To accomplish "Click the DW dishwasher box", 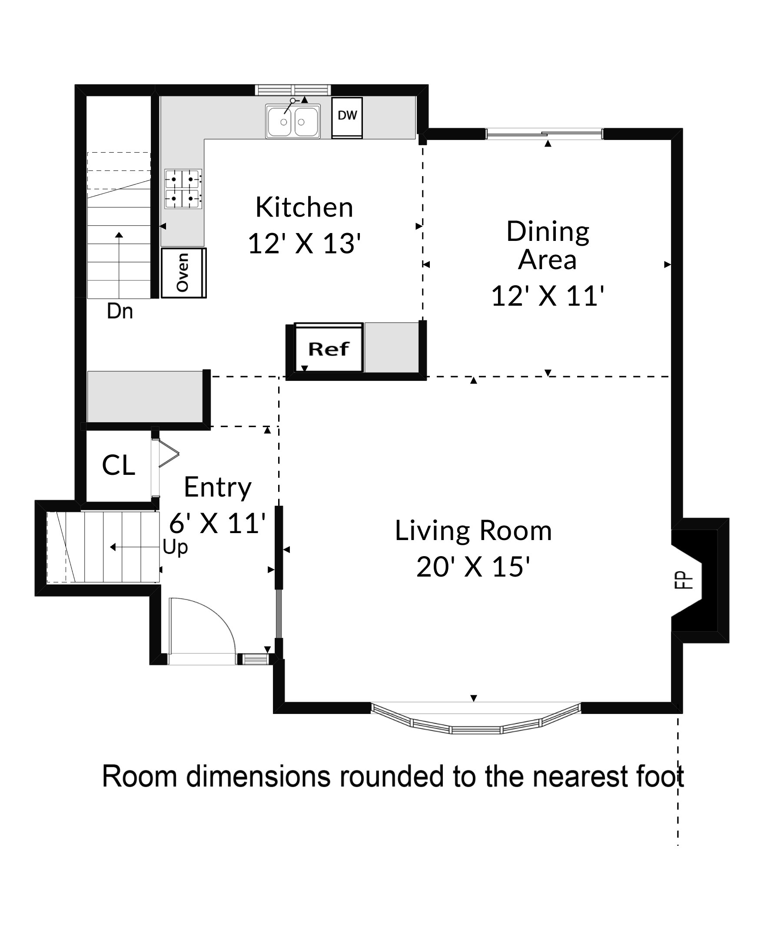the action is tap(347, 117).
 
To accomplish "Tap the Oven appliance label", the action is tap(182, 273).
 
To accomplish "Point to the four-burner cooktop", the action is tap(183, 189).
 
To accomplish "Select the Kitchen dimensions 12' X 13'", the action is tap(305, 244).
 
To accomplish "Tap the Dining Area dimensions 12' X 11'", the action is tap(548, 296).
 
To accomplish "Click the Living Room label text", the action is tap(473, 530).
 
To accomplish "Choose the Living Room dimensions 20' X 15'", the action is tap(473, 567).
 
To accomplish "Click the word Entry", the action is tap(217, 487).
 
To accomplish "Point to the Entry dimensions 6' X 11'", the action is tap(217, 524).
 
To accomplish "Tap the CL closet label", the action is tap(118, 465).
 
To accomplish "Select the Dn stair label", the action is tap(120, 311).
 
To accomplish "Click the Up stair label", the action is tap(175, 547).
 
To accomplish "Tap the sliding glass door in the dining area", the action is tap(544, 133).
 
